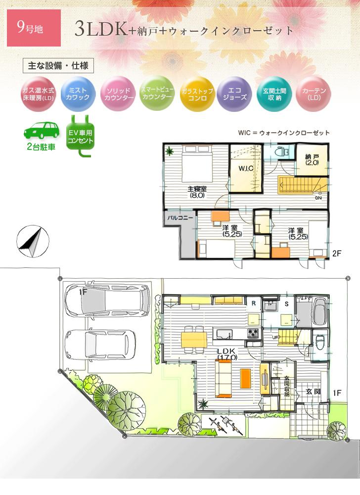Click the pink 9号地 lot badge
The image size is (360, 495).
click(34, 28)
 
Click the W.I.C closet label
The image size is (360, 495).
click(246, 169)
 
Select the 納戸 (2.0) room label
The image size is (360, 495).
click(312, 159)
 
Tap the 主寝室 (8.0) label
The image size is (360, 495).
click(196, 192)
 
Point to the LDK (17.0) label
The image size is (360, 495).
click(228, 353)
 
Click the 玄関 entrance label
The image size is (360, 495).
click(313, 392)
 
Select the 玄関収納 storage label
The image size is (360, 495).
click(286, 387)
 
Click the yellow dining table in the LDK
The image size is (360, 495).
click(194, 340)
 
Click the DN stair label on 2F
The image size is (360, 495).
click(318, 199)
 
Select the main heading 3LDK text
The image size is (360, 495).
click(101, 30)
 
